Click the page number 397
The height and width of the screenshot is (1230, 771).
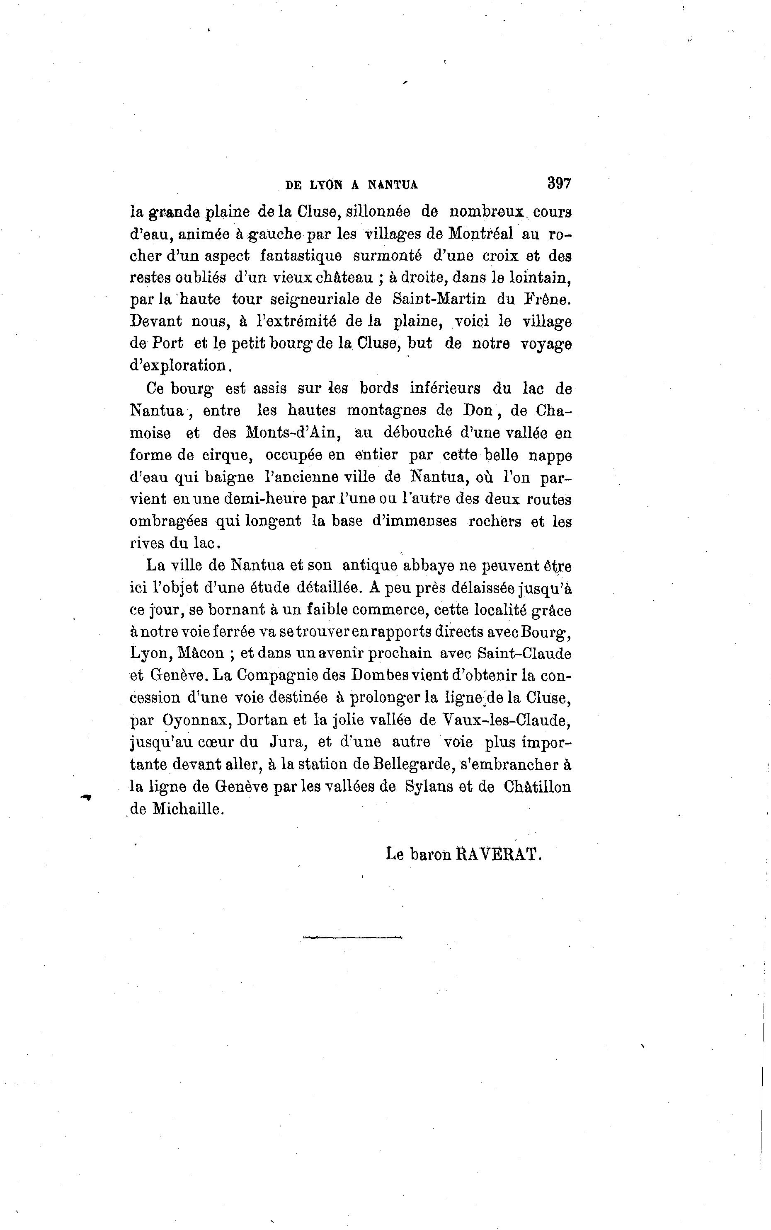click(x=559, y=183)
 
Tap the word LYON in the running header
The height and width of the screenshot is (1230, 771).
click(x=326, y=186)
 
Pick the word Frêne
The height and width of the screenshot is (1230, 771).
click(x=548, y=299)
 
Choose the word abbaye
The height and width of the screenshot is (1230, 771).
click(x=428, y=565)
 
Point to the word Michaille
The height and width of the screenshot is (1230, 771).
click(x=188, y=809)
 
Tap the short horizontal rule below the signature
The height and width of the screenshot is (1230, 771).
click(x=352, y=937)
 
